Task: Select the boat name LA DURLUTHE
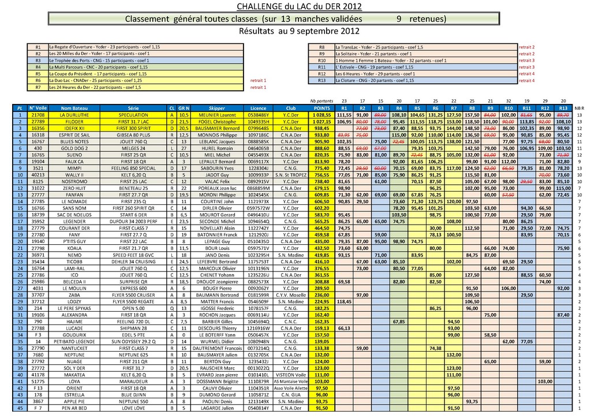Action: [x=74, y=115]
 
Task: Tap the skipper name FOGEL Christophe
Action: [x=217, y=122]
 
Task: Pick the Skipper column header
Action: [x=217, y=108]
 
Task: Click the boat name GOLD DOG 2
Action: [x=74, y=148]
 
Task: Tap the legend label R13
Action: [x=322, y=81]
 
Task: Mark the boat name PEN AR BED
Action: [x=74, y=408]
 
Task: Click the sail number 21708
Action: [x=38, y=115]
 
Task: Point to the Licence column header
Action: [x=258, y=108]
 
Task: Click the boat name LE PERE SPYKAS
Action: [x=74, y=308]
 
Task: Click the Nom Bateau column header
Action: [x=74, y=108]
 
